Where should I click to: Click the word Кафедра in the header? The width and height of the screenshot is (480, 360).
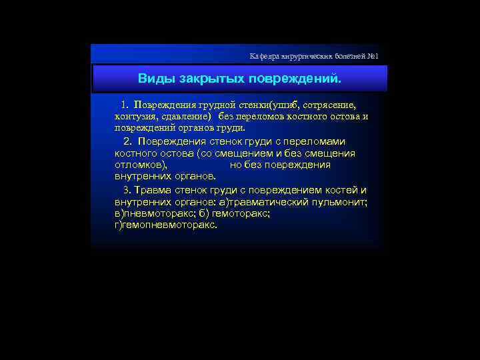[264, 56]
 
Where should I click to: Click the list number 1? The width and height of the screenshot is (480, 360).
[125, 105]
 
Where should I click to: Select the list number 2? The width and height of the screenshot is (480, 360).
[127, 141]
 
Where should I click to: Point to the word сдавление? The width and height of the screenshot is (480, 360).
[185, 116]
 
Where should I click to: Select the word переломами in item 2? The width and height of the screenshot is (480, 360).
[317, 141]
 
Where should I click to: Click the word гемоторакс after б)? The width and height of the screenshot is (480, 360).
[244, 213]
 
